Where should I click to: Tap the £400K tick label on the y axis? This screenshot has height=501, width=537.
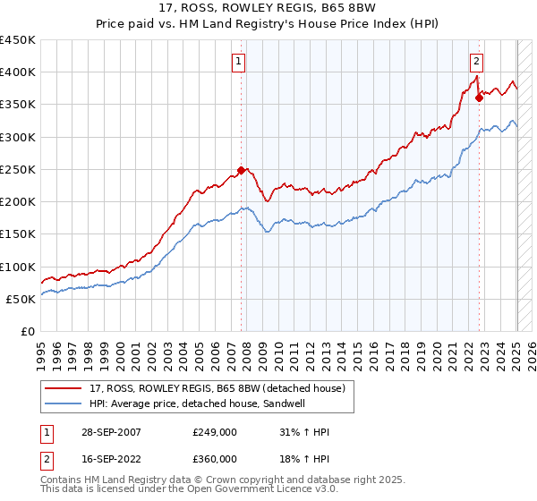[18, 72]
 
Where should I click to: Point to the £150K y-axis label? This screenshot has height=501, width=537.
[18, 234]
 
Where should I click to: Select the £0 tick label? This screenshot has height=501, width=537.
[27, 331]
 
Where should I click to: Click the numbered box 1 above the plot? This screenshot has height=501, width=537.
[240, 62]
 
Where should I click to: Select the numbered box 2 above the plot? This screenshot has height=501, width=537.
[477, 62]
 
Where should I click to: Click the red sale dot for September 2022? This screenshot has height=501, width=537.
[480, 98]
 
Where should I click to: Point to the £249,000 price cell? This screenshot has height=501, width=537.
[214, 432]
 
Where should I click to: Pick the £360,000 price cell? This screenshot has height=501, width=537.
[214, 459]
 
